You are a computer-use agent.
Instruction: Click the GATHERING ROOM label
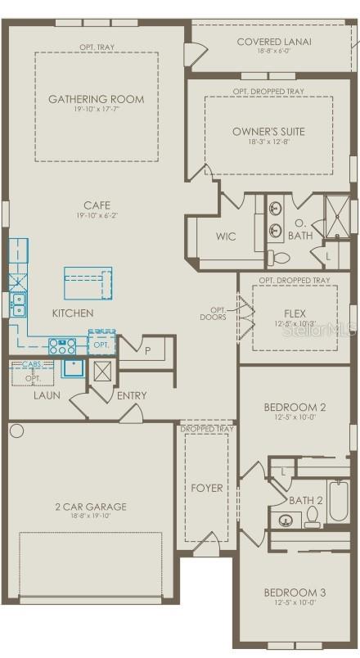coord(96,99)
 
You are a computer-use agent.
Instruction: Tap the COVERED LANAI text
coord(273,41)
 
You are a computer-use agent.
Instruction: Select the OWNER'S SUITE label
coord(268,131)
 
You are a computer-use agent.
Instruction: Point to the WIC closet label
coord(226,237)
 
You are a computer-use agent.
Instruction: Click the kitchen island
coord(88,283)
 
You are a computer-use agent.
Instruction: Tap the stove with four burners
coord(62,345)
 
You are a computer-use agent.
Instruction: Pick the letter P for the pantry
coord(147,349)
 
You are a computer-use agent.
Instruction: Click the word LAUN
coord(47,395)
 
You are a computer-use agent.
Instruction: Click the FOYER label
coord(206,488)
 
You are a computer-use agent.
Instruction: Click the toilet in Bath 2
coord(312,517)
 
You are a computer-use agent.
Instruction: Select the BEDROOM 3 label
coord(295,593)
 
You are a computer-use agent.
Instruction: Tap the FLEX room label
coord(295,313)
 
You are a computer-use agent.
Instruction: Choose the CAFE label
coord(96,205)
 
